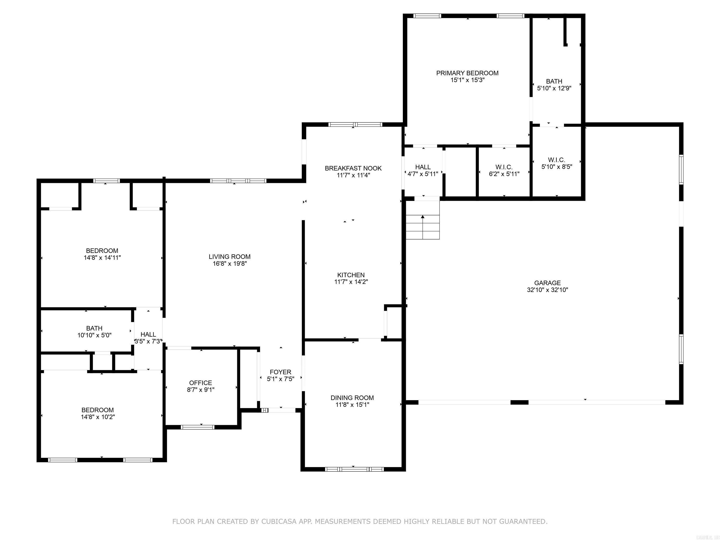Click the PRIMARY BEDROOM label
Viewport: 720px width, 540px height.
(x=467, y=73)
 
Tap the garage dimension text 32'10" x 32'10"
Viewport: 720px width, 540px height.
(x=547, y=290)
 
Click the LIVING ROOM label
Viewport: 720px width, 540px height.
(x=229, y=257)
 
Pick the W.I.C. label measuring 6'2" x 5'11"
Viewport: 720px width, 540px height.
(x=504, y=167)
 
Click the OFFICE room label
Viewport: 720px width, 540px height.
(x=200, y=383)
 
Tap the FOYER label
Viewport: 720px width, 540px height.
(x=280, y=372)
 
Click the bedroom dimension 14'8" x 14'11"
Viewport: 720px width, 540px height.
(x=102, y=258)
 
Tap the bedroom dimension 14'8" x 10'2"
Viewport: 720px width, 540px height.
(x=98, y=417)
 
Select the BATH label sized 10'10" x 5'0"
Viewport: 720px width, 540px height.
(x=94, y=328)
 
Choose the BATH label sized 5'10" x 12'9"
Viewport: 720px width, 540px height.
(x=554, y=81)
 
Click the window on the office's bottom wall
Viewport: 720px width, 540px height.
(x=198, y=427)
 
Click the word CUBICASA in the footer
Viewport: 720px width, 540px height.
(x=279, y=521)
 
